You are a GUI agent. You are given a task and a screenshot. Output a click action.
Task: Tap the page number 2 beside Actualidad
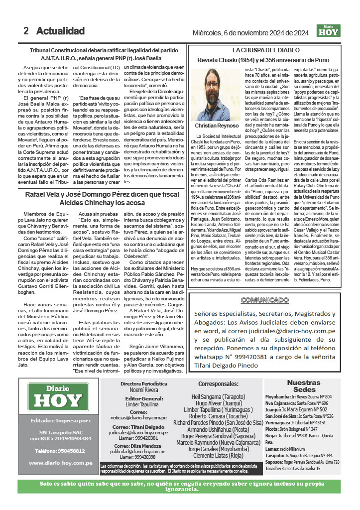[x=26, y=31]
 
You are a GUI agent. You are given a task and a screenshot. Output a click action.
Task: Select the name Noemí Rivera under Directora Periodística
[x=143, y=391]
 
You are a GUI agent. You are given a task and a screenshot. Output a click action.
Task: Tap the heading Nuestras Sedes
[x=304, y=386]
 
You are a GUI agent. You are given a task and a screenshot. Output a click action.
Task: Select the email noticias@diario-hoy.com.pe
[x=143, y=418]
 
